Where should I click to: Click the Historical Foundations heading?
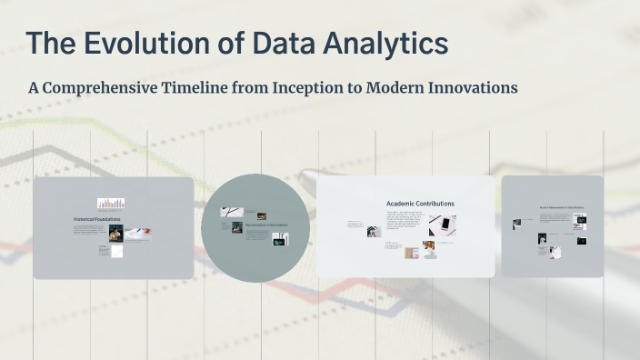[x=97, y=219]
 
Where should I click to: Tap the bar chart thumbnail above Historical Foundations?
[x=111, y=204]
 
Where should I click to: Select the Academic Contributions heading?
[x=420, y=204]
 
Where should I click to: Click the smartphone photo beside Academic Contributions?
[x=443, y=225]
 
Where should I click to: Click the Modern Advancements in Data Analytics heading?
[x=562, y=208]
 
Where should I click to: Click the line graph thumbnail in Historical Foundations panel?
[x=117, y=250]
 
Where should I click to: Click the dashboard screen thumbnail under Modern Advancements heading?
[x=580, y=219]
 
